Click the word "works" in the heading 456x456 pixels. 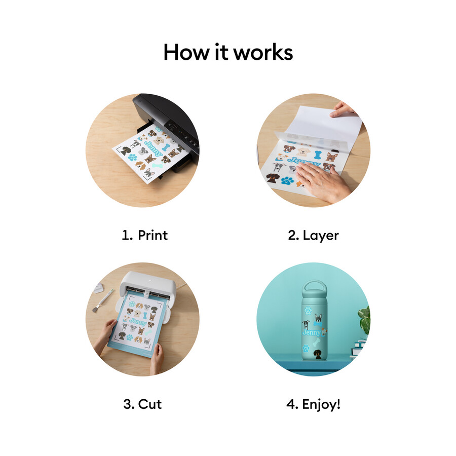(263, 53)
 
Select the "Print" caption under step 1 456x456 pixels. (153, 235)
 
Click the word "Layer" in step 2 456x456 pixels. (321, 236)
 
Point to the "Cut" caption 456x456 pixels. (150, 404)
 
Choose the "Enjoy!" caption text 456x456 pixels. (321, 404)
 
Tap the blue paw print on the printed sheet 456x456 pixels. (132, 158)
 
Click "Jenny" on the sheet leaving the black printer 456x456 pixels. (154, 148)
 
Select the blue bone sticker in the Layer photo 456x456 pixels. (318, 155)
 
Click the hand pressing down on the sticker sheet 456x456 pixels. (321, 182)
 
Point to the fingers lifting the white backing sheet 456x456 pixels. (343, 109)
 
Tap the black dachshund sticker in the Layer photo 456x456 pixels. (273, 178)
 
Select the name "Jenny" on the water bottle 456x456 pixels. (312, 332)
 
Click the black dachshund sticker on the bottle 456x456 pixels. (318, 354)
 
